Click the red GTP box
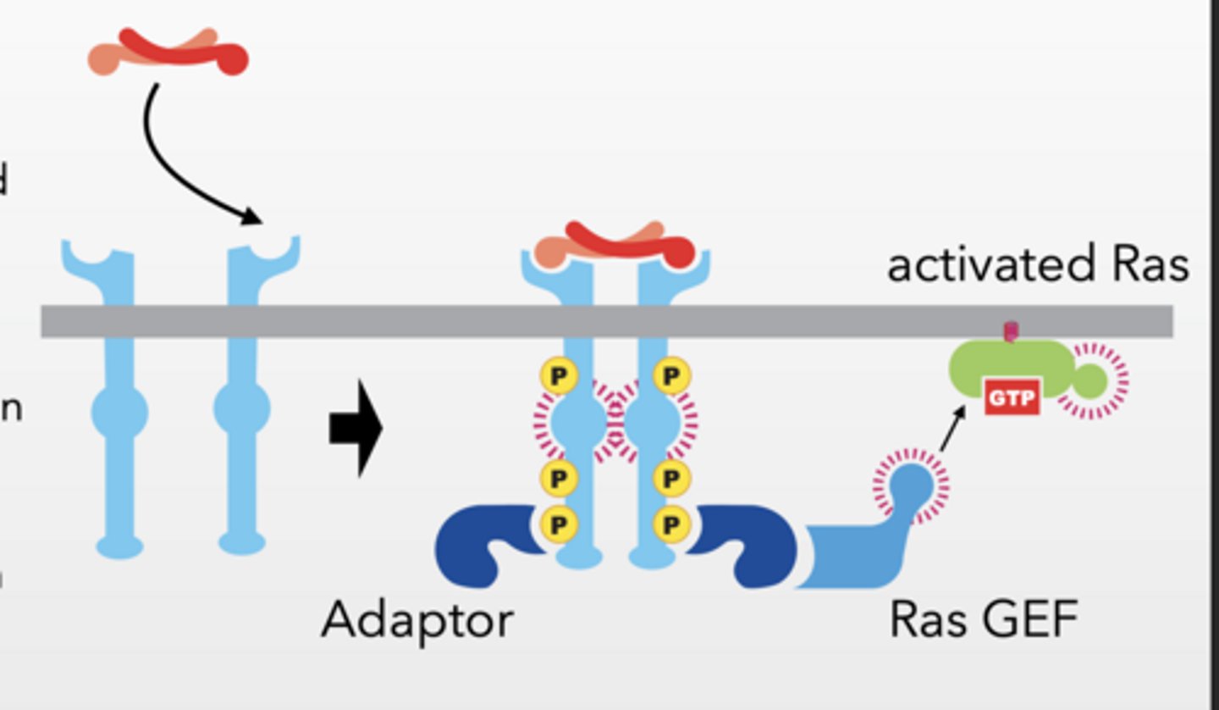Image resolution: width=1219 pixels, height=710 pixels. pyautogui.click(x=1012, y=397)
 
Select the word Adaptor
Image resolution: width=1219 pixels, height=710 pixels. pyautogui.click(x=417, y=621)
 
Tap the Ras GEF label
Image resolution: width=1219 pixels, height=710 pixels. pyautogui.click(x=984, y=621)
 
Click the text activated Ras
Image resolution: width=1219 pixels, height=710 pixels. pyautogui.click(x=1037, y=265)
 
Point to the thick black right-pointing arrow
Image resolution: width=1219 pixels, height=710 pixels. pyautogui.click(x=356, y=428)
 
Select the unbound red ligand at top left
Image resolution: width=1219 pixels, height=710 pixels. pyautogui.click(x=169, y=53)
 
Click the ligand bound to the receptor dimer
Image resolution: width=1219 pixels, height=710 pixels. pyautogui.click(x=615, y=244)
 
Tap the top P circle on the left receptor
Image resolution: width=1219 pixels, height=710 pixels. pyautogui.click(x=559, y=376)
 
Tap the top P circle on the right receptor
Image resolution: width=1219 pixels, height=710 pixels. pyautogui.click(x=671, y=376)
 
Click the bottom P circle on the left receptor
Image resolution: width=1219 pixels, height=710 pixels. pyautogui.click(x=559, y=524)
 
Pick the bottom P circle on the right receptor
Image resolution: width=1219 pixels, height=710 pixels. pyautogui.click(x=671, y=524)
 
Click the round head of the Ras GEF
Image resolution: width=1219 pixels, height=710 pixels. pyautogui.click(x=912, y=485)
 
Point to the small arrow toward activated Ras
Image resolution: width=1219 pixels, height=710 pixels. pyautogui.click(x=953, y=428)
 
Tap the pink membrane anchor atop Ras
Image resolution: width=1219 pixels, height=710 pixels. pyautogui.click(x=1010, y=331)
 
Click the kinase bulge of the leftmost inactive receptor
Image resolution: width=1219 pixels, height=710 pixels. pyautogui.click(x=119, y=413)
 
